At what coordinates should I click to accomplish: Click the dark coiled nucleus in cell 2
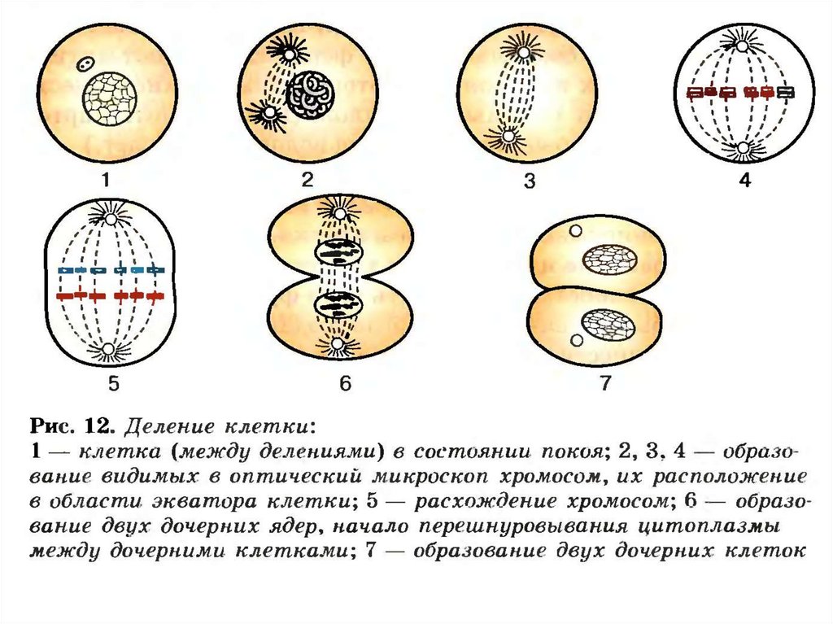click(x=310, y=94)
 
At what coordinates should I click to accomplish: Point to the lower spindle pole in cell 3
click(x=510, y=138)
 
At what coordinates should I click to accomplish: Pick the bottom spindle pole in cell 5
click(x=108, y=351)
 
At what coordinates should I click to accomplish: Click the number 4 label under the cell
click(x=744, y=181)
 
